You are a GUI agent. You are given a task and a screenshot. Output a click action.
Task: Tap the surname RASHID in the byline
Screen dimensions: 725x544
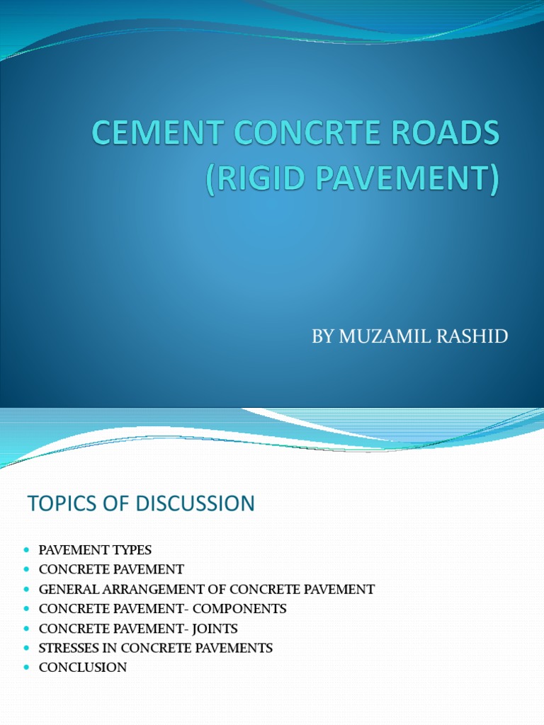(x=473, y=336)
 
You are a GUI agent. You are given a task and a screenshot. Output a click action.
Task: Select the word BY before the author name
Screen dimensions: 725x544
(x=323, y=336)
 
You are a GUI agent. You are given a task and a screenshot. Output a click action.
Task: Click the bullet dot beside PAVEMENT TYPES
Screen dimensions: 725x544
(x=27, y=550)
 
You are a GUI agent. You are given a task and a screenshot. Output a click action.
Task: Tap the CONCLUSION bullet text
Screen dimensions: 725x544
(x=83, y=667)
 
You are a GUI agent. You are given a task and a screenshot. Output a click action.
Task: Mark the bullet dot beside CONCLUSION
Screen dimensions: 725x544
(x=27, y=668)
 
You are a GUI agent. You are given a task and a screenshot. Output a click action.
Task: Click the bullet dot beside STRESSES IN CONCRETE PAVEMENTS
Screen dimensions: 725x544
(x=27, y=648)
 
